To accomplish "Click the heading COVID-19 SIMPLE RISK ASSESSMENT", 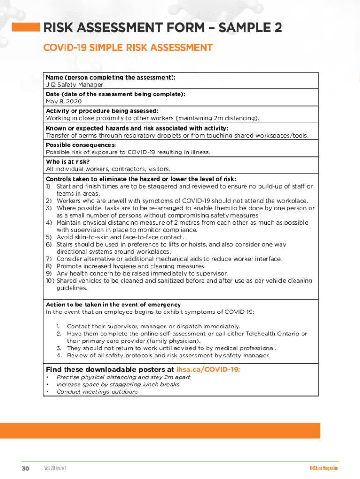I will click(x=128, y=48).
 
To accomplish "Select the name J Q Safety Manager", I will click(x=74, y=85).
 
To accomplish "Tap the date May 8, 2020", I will click(x=64, y=101).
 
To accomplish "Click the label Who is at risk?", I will click(x=68, y=162).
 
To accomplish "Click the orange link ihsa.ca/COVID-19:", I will click(x=209, y=370).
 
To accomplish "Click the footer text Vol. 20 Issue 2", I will click(x=56, y=468).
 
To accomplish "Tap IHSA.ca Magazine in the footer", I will click(x=323, y=468).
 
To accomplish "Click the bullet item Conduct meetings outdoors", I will click(x=97, y=392).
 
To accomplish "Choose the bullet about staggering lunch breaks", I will click(x=117, y=384).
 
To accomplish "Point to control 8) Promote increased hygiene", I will click(x=130, y=266).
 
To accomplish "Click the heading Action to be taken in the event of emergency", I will click(x=113, y=305).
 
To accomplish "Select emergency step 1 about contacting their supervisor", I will click(x=153, y=326).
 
